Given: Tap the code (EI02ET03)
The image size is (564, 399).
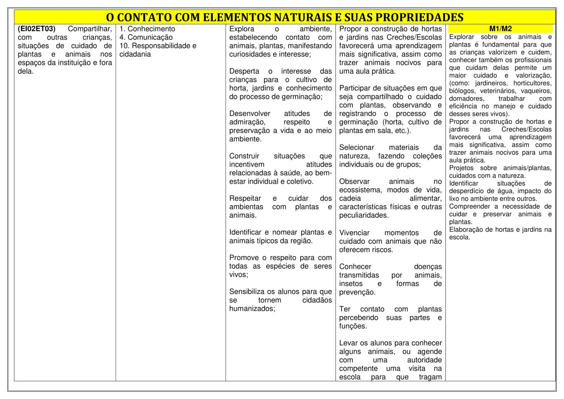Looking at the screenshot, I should [36, 29].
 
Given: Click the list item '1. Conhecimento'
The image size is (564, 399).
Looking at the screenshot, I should [147, 29].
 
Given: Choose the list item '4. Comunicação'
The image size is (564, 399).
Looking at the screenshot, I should [146, 37].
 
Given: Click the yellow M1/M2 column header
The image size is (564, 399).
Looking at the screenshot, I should [500, 29].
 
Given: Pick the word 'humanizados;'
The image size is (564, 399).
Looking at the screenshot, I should [252, 308].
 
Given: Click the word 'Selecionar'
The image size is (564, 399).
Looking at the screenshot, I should [357, 147].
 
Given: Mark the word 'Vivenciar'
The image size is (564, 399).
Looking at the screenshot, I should [354, 233].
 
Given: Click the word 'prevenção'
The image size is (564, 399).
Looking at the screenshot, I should [357, 292].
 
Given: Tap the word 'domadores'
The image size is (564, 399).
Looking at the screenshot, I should [466, 98].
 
